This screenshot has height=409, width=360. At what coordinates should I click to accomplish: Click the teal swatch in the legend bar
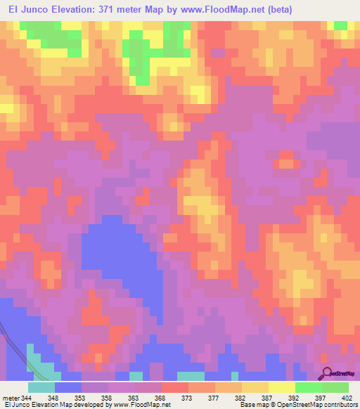pos(41,387)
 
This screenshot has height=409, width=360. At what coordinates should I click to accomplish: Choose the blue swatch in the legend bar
pos(68,387)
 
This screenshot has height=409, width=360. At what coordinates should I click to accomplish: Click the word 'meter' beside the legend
pos(11,397)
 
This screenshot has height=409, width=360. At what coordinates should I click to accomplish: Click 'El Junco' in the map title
pos(29,10)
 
